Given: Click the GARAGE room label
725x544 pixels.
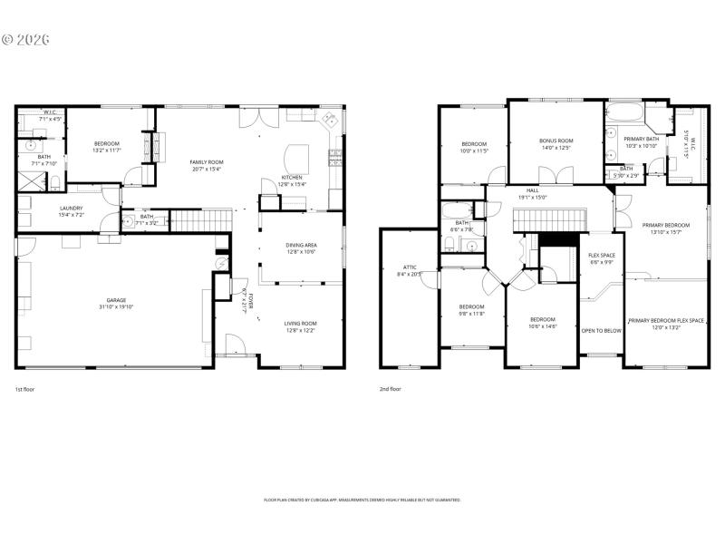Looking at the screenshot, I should tap(116, 300).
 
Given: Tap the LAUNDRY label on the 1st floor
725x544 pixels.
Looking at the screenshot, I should tap(71, 208).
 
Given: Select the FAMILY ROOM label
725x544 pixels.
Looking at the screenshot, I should tap(207, 162).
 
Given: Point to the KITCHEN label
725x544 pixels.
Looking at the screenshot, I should tap(291, 178).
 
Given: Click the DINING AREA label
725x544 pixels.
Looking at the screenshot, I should tap(301, 245).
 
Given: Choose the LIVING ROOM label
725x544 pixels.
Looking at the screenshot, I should tap(301, 324).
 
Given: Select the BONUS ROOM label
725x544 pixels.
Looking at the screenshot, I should tap(556, 141).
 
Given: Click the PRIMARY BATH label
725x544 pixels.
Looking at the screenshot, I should tap(640, 139).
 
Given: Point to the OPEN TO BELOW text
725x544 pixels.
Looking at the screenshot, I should tap(602, 331).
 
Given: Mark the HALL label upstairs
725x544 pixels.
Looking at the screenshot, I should tap(532, 190).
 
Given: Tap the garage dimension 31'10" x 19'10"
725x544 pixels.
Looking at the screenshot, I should tap(116, 306).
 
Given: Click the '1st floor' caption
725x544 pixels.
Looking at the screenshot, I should tap(25, 389).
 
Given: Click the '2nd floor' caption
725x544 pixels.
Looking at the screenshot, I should tap(391, 389).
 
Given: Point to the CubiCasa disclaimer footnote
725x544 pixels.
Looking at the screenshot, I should tap(362, 500).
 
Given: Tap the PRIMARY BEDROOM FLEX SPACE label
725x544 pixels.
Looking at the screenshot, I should tap(666, 320).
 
